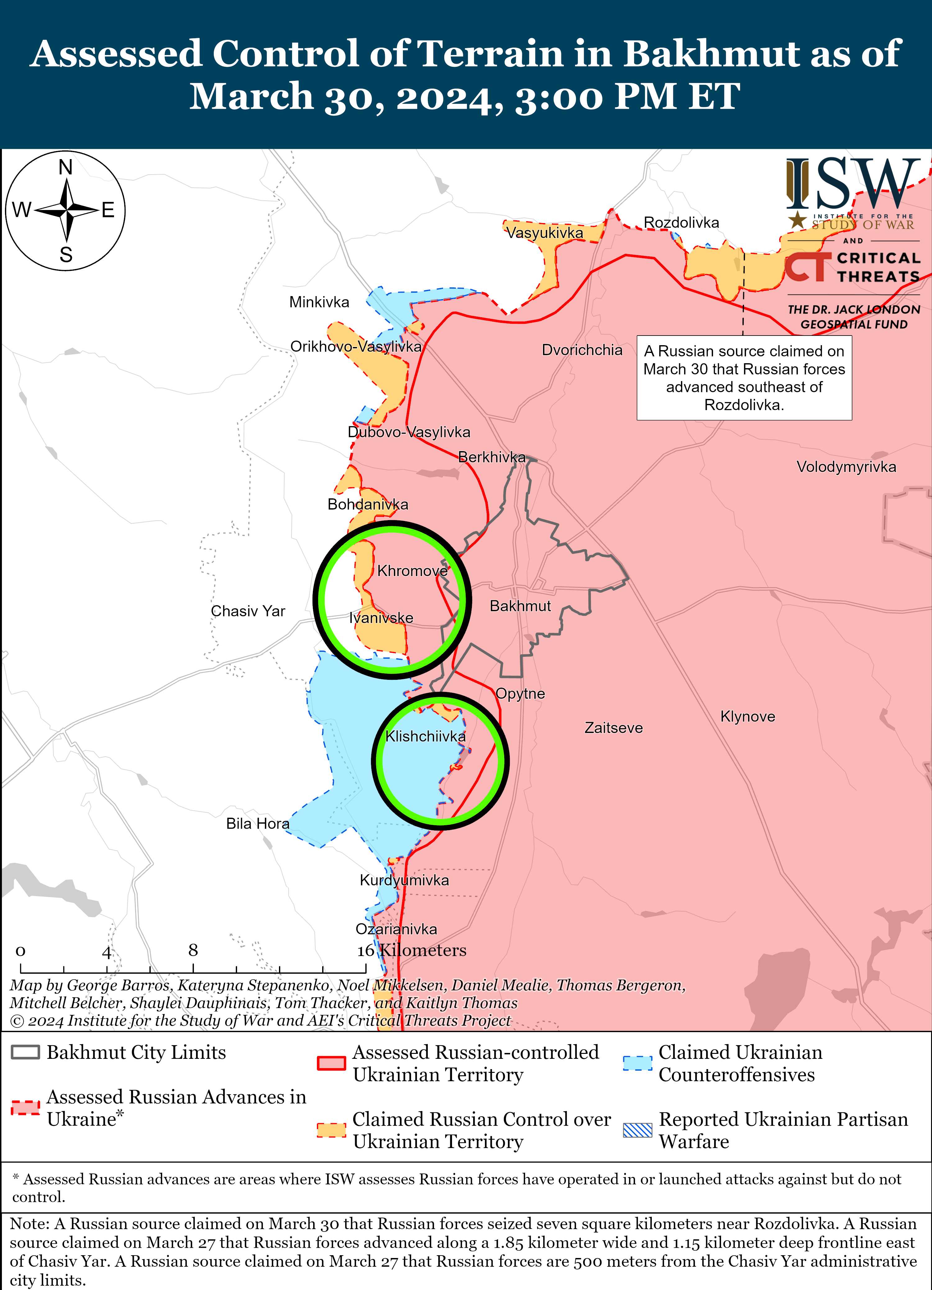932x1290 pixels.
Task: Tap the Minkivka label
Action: (x=319, y=302)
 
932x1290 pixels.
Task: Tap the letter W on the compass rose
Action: (x=22, y=210)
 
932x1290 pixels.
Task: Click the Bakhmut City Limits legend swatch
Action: (x=25, y=1052)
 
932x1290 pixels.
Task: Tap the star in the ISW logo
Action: (x=797, y=220)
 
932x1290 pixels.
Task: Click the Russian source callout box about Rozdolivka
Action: (x=744, y=378)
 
